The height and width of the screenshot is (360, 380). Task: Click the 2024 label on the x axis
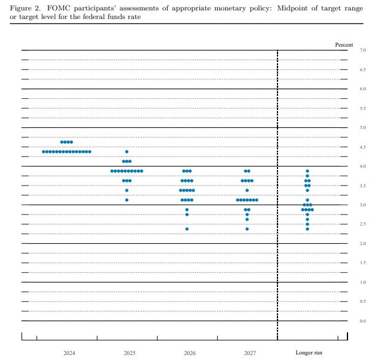point(69,353)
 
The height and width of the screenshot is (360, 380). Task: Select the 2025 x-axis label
point(130,353)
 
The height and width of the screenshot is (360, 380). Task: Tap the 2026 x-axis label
point(190,353)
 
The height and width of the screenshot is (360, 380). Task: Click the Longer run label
point(309,353)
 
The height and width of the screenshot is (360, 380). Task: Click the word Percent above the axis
point(344,44)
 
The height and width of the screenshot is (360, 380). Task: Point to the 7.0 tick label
point(363,50)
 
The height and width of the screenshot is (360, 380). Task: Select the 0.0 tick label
point(363,321)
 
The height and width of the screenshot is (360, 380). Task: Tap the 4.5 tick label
point(363,147)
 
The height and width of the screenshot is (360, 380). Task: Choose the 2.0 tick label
point(363,244)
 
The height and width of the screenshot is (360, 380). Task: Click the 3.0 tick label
point(363,205)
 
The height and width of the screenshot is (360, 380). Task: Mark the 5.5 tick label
point(363,109)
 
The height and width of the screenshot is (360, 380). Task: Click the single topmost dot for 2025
point(127,152)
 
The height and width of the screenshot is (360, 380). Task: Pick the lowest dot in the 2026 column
point(187,229)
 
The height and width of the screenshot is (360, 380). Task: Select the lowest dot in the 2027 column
point(247,229)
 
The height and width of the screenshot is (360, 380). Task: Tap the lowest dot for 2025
point(127,200)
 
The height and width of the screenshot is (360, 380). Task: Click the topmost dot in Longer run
point(308,171)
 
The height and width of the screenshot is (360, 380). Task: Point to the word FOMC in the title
point(66,9)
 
